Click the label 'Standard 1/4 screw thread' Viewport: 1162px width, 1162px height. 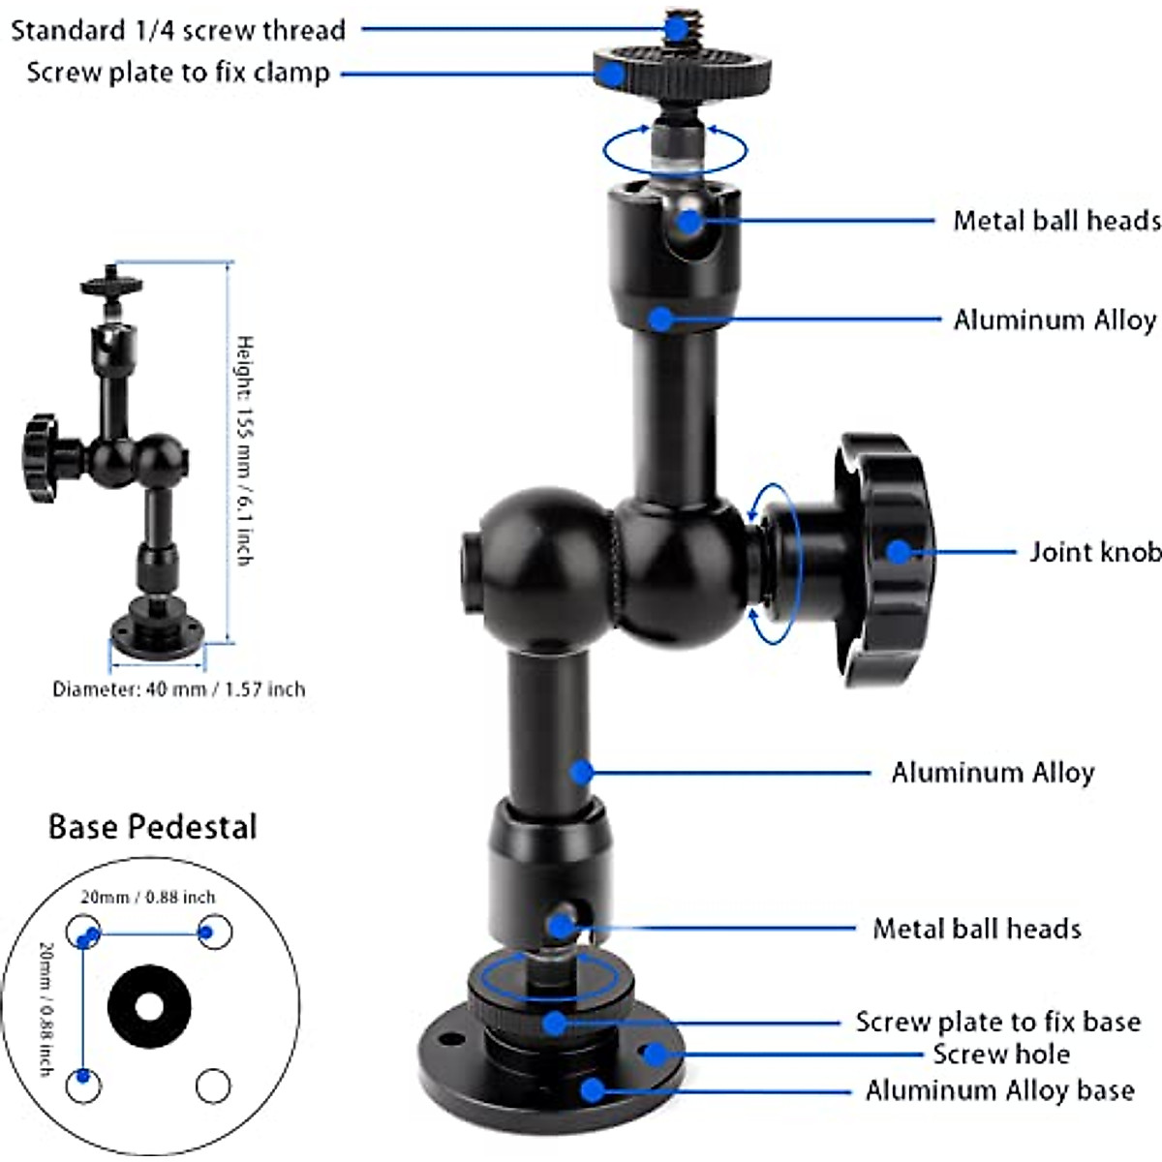pyautogui.click(x=177, y=30)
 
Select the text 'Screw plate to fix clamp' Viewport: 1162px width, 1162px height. pyautogui.click(x=177, y=73)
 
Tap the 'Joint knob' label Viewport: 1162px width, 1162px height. pyautogui.click(x=1094, y=552)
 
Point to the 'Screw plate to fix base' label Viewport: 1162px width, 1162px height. pyautogui.click(x=997, y=1023)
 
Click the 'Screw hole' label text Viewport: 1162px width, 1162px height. pyautogui.click(x=1001, y=1055)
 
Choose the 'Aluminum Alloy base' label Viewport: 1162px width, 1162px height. pyautogui.click(x=999, y=1091)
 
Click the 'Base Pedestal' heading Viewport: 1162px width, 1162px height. pyautogui.click(x=152, y=827)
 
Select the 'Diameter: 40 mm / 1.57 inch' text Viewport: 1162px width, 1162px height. pyautogui.click(x=178, y=689)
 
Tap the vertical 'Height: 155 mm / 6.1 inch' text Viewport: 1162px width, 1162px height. pyautogui.click(x=245, y=450)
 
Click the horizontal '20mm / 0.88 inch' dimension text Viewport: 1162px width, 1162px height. pyautogui.click(x=147, y=898)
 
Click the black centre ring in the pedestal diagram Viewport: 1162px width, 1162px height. pyautogui.click(x=148, y=1007)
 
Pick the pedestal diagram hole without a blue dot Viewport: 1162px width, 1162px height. pyautogui.click(x=213, y=1086)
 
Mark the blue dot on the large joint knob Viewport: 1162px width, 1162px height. pyautogui.click(x=899, y=552)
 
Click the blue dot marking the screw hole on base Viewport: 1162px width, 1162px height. pyautogui.click(x=655, y=1054)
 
